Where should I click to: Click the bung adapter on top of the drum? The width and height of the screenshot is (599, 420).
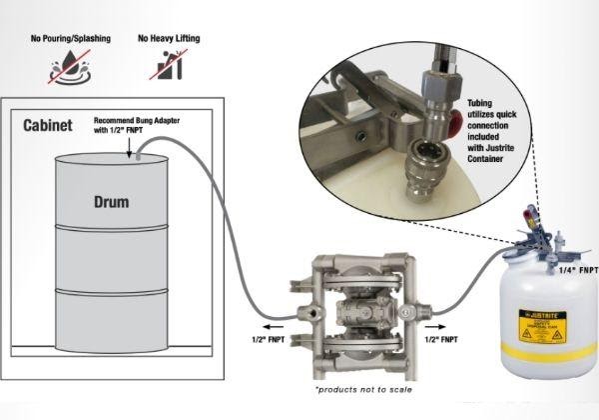(136, 155)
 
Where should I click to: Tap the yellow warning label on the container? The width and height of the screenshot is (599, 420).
(540, 324)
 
